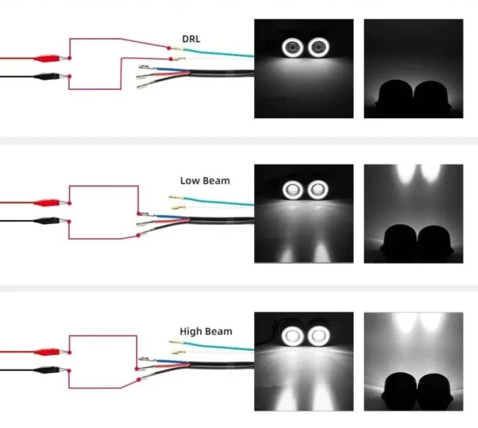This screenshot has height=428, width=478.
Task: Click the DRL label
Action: pyautogui.click(x=191, y=39)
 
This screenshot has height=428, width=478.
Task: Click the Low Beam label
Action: pyautogui.click(x=204, y=181)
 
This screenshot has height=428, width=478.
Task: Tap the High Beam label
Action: pyautogui.click(x=206, y=331)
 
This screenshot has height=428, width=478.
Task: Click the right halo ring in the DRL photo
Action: pyautogui.click(x=319, y=46)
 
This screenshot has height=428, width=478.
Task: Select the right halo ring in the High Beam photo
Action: pyautogui.click(x=319, y=337)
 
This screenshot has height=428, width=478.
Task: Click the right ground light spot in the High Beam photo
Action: pyautogui.click(x=322, y=398)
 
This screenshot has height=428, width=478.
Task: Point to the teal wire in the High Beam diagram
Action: pyautogui.click(x=216, y=345)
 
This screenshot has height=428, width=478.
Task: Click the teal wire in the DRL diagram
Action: pyautogui.click(x=216, y=52)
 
